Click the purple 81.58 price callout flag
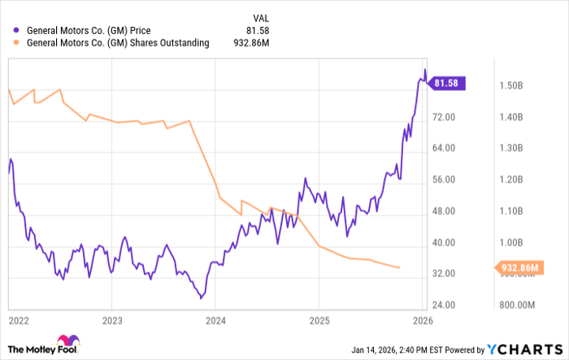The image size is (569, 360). (446, 83)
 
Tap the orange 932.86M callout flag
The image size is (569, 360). (516, 267)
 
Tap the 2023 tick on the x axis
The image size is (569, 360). (112, 320)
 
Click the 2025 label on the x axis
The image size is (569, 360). (319, 320)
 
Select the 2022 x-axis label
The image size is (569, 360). (19, 320)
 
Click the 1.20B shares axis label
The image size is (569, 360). (510, 180)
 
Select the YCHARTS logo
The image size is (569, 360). (528, 349)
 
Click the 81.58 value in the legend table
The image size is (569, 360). (258, 31)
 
